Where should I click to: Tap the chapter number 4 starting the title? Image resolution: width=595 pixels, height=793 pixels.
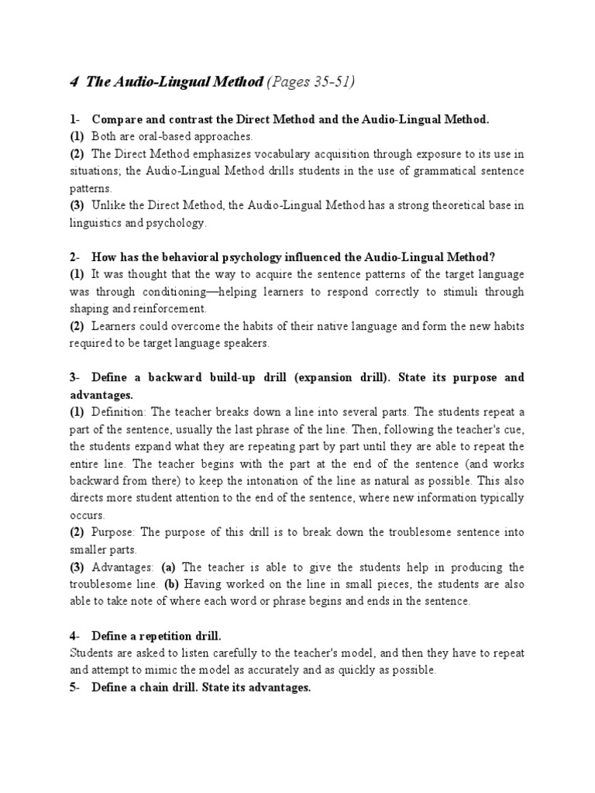[x=74, y=83]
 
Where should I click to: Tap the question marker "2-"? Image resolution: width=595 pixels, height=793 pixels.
[x=75, y=257]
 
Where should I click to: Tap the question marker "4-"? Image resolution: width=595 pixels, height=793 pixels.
[x=75, y=636]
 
